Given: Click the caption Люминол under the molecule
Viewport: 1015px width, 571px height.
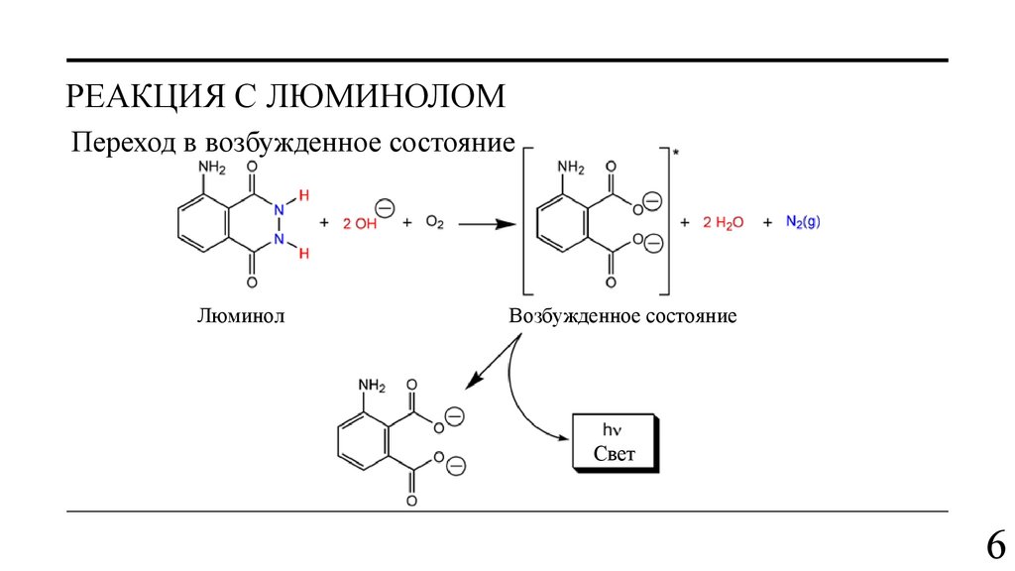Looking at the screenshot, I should coord(241,317).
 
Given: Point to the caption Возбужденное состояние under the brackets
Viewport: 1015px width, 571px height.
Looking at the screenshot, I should coord(622,317).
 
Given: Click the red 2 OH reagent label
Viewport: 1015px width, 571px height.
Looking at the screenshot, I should coord(361,224).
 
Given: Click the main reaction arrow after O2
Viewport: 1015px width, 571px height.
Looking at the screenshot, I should coord(487,224).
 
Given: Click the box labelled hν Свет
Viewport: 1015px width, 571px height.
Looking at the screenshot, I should coord(614,442).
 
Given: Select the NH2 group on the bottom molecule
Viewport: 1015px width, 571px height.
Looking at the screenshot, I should coord(372,385).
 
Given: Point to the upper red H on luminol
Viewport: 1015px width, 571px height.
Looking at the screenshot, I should coord(304,194).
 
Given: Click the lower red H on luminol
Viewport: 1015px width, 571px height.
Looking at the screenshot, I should coord(304,255).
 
